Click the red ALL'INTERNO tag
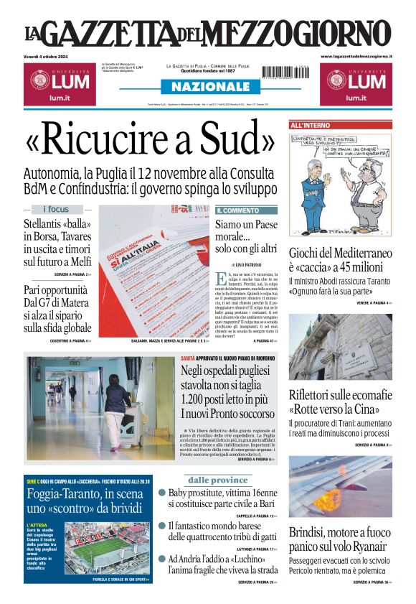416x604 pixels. click(310, 125)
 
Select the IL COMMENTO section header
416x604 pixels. click(237, 210)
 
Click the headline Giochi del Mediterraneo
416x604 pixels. click(340, 253)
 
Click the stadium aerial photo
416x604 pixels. click(105, 549)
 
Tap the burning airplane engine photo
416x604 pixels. click(340, 486)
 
